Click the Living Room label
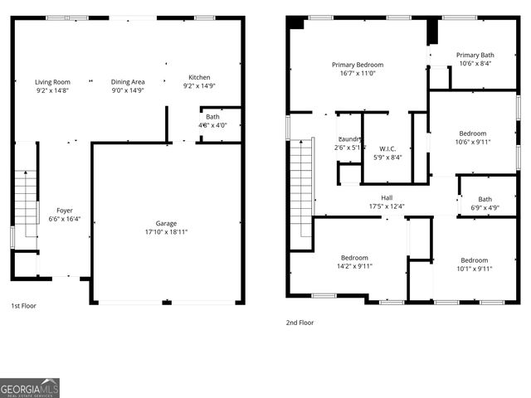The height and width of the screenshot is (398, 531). point(52,82)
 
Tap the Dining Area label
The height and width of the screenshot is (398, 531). point(129,82)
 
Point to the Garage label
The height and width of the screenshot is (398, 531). point(166,223)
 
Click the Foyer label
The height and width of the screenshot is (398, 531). point(64,211)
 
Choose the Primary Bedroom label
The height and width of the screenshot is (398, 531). point(358,65)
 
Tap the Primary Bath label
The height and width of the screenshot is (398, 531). point(475,55)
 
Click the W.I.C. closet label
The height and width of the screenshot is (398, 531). point(387,150)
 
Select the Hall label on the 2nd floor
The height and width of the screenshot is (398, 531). point(387,197)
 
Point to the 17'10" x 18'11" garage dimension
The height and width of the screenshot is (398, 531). point(166,232)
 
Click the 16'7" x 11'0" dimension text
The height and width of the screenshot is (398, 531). point(358,73)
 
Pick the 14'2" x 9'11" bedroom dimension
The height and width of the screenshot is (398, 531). point(354,266)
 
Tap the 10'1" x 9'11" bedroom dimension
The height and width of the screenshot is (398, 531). point(475,268)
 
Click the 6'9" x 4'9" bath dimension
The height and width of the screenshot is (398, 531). point(485,207)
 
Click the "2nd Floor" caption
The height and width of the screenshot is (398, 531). point(301,323)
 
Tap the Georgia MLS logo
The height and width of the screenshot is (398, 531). point(30,388)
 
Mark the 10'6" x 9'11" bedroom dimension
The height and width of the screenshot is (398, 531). point(474,142)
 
